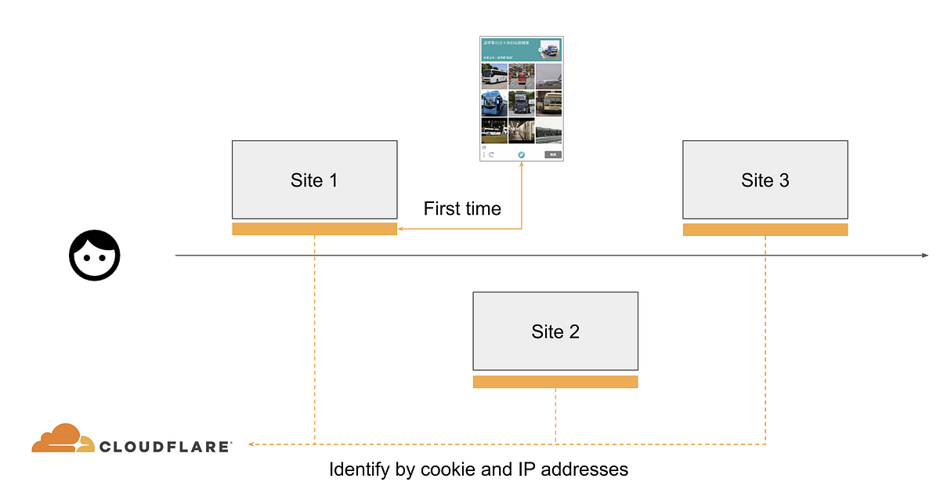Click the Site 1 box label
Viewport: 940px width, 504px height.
point(314,180)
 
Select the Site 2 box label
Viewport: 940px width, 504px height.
point(555,332)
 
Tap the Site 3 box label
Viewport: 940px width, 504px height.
point(765,180)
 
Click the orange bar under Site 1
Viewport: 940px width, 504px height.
point(314,229)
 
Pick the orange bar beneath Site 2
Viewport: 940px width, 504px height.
point(555,382)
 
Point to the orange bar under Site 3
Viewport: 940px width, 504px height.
point(765,230)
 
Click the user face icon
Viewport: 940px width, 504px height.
point(95,256)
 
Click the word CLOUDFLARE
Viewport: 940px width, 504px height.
point(165,446)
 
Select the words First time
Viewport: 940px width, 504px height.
point(462,208)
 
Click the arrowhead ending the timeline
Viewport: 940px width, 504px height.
point(925,256)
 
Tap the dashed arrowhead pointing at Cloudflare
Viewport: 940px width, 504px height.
point(252,444)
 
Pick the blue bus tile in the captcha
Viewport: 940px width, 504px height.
point(493,103)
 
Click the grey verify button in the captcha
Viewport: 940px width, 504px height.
point(552,154)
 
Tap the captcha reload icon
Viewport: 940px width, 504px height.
point(491,154)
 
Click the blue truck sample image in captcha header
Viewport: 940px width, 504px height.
point(551,49)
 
